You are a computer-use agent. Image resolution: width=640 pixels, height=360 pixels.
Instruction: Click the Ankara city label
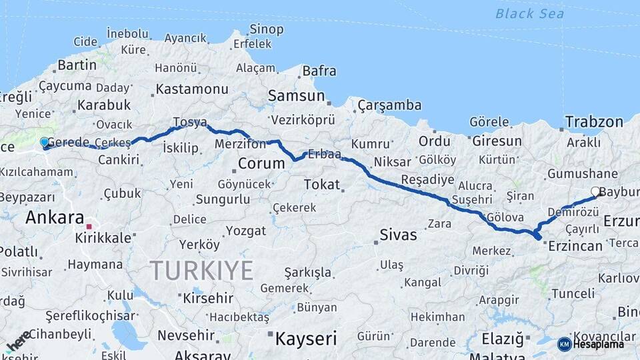(55, 217)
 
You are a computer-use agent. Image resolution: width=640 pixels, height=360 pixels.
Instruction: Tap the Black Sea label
(529, 13)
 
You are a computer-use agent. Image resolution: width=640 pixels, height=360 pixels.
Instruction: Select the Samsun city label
(296, 96)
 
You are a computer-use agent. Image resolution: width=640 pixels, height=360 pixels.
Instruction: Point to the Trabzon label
(594, 121)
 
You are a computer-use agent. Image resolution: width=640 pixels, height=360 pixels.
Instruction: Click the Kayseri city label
(306, 338)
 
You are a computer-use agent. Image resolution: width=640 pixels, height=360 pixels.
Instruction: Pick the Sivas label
(398, 235)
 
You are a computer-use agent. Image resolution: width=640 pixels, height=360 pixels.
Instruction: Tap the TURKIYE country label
(201, 271)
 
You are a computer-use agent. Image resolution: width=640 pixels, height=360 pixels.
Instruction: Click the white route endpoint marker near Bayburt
(595, 192)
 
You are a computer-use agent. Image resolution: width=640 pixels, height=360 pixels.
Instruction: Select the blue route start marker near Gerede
(45, 143)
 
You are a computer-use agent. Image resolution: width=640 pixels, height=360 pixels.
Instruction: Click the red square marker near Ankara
(89, 227)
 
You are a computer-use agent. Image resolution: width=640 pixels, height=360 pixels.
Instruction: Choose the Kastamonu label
(192, 89)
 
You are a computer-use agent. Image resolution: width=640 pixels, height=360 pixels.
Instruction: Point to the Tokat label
(321, 185)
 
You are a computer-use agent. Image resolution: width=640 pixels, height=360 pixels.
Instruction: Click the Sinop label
(266, 29)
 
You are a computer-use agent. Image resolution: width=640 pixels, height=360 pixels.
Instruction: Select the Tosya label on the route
(190, 123)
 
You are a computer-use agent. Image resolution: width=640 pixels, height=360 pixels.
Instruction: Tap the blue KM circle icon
(564, 344)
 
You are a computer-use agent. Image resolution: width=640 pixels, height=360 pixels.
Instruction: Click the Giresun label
(497, 141)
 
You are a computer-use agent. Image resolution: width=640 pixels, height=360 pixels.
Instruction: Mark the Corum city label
(261, 163)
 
